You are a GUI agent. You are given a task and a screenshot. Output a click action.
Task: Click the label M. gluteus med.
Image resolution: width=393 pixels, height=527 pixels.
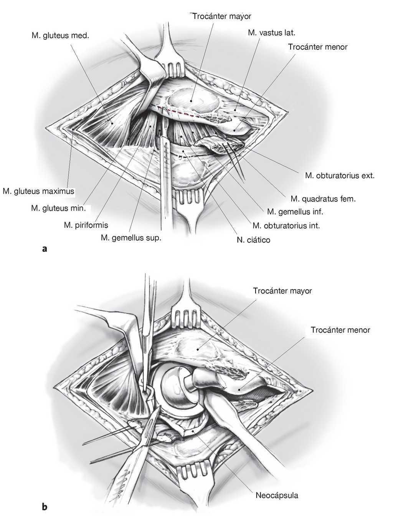[60, 36]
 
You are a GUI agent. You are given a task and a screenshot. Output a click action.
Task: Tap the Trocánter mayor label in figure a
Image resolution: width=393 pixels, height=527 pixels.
[221, 16]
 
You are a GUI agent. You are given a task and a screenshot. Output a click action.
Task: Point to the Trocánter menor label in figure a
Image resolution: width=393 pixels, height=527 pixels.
[317, 47]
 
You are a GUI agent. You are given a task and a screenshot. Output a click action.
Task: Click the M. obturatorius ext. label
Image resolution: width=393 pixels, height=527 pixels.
[340, 176]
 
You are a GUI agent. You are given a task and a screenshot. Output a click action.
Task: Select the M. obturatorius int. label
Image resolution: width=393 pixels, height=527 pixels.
[286, 225]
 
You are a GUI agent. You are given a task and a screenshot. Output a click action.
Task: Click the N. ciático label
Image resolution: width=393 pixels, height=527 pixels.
[253, 240]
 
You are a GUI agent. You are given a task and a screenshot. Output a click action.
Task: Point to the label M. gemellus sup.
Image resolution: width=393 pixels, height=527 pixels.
[131, 238]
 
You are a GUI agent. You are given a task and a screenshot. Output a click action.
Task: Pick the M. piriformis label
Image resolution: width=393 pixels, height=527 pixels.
[86, 225]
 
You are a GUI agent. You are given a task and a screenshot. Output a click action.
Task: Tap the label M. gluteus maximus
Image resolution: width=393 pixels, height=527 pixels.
[38, 191]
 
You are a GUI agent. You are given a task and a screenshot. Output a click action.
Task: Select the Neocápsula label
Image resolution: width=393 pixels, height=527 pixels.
[277, 495]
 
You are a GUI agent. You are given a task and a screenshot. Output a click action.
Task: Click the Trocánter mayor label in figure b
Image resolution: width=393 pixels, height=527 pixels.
[282, 291]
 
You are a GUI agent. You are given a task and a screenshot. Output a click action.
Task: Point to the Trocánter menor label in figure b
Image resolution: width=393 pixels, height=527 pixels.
[340, 330]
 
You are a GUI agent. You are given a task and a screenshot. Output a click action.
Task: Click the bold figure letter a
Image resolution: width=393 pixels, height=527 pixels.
[45, 249]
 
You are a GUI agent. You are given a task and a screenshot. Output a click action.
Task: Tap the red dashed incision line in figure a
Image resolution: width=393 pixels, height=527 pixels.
[180, 113]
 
